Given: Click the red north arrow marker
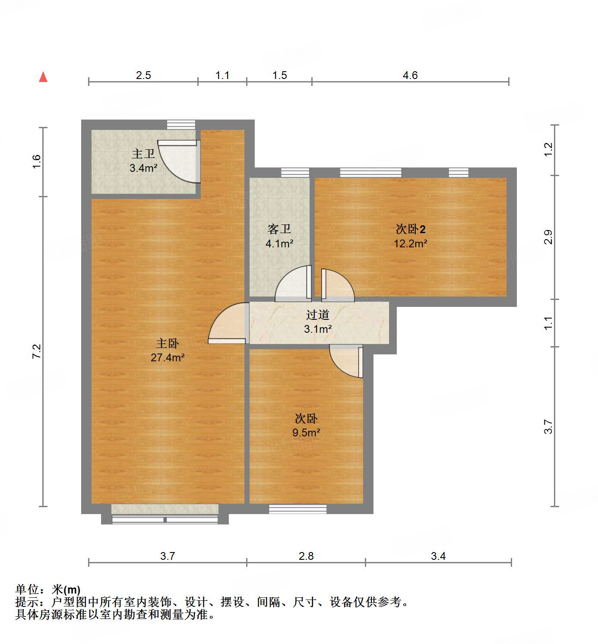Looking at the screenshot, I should click(43, 77).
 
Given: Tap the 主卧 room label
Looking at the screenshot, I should click(167, 344).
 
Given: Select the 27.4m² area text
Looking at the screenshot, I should click(168, 358).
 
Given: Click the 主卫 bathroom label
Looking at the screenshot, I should click(143, 154).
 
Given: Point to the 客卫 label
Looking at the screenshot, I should click(279, 229).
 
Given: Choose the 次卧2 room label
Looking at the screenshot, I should click(411, 229).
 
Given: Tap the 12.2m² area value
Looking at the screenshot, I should click(410, 244).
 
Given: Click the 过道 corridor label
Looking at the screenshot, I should click(317, 315).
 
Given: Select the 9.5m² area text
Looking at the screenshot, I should click(306, 432).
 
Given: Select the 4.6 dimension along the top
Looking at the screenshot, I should click(410, 76).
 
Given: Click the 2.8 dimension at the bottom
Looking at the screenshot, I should click(306, 556).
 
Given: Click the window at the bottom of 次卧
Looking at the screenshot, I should click(298, 509).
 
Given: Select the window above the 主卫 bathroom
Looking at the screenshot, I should click(181, 125).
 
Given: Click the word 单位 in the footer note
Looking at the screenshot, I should click(27, 590).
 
